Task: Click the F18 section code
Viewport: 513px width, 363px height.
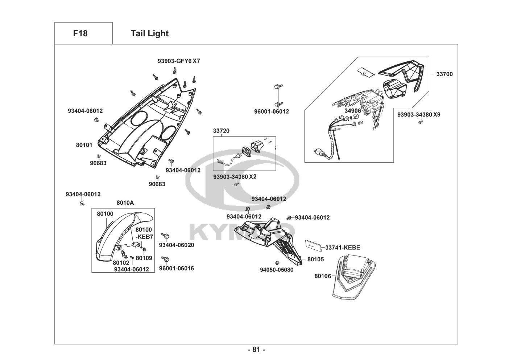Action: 80,33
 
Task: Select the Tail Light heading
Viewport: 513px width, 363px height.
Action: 149,33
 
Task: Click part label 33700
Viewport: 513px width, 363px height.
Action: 444,74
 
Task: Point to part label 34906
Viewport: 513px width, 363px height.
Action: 353,111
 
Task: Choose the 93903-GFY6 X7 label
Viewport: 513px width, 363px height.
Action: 179,61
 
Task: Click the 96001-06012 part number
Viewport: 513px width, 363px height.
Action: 272,111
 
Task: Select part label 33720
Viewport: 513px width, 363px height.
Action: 221,131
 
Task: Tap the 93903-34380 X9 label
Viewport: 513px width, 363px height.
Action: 419,114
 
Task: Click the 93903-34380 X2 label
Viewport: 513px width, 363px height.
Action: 235,177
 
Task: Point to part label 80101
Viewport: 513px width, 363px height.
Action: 84,145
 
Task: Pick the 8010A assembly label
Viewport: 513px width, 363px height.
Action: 125,203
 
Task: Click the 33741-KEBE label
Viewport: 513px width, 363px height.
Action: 343,248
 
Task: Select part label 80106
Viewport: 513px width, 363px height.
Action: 323,276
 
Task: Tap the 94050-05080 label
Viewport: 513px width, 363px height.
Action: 277,270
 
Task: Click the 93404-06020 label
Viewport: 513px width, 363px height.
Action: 177,245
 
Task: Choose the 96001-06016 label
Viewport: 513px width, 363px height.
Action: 177,268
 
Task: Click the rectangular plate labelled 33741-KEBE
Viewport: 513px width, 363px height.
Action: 313,246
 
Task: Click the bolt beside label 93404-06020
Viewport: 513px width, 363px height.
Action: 165,235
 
